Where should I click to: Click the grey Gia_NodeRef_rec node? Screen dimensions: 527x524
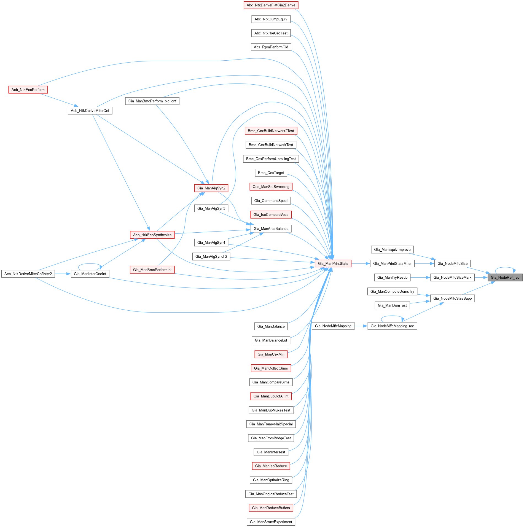click(x=505, y=278)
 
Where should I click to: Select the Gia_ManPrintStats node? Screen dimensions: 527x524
click(x=333, y=263)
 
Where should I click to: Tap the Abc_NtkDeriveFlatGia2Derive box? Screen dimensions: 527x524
click(x=271, y=5)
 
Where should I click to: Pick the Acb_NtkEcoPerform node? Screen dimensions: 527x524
click(x=28, y=90)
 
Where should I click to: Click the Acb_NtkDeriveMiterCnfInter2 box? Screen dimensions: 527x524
click(x=28, y=274)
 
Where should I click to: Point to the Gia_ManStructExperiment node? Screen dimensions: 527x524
click(x=271, y=522)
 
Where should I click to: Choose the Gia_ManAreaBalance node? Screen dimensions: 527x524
click(x=271, y=228)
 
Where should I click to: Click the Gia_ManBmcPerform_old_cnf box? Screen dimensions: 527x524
click(x=152, y=101)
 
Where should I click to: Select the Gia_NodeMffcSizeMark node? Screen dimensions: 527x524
click(x=452, y=278)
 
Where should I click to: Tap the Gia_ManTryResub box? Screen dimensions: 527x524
click(x=392, y=278)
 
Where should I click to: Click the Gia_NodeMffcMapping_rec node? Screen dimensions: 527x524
click(x=392, y=326)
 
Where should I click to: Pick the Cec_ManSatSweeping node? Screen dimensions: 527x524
click(x=271, y=187)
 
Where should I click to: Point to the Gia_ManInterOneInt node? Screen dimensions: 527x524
click(x=90, y=274)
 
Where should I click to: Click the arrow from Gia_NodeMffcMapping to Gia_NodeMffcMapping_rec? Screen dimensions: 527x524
click(x=361, y=326)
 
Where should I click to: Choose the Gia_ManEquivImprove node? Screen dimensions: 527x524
click(x=392, y=250)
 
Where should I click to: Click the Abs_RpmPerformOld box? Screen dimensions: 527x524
click(x=271, y=47)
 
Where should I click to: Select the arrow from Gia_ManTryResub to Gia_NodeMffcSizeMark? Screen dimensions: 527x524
click(x=420, y=278)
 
